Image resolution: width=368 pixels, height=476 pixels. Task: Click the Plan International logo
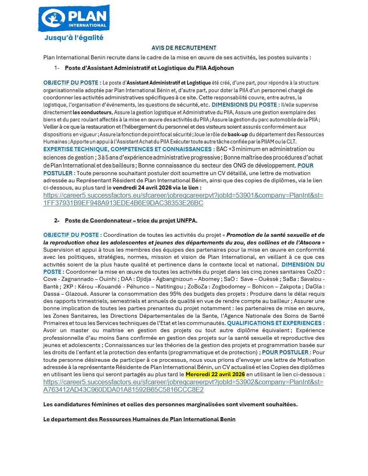74,18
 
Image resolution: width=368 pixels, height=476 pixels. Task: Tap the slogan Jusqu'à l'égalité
74,38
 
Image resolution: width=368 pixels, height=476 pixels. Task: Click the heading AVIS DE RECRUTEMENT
184,48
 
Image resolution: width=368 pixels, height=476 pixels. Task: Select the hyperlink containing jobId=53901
183,199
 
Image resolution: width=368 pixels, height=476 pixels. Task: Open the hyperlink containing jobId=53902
183,385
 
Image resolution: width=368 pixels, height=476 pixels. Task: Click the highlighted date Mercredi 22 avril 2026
212,374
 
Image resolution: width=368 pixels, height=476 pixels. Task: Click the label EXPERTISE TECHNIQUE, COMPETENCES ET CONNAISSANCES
128,149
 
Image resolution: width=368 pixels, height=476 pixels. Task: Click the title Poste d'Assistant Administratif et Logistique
149,68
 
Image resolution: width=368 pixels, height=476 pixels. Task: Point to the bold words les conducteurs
95,112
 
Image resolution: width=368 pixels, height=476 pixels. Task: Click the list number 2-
57,221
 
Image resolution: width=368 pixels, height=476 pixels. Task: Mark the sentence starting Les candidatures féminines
170,404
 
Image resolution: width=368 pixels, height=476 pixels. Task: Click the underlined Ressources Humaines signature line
139,419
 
